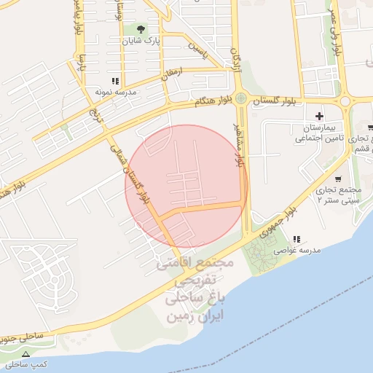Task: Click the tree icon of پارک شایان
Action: coord(141,30)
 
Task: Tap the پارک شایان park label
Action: coord(142,42)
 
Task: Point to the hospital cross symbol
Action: coord(319,116)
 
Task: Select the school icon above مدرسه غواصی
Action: coord(295,239)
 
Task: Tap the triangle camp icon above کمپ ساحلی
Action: coord(27,353)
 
